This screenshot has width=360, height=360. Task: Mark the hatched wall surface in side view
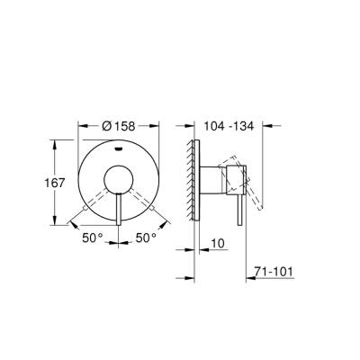pyautogui.click(x=191, y=180)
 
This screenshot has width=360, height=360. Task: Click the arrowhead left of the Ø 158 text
pyautogui.click(x=83, y=127)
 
